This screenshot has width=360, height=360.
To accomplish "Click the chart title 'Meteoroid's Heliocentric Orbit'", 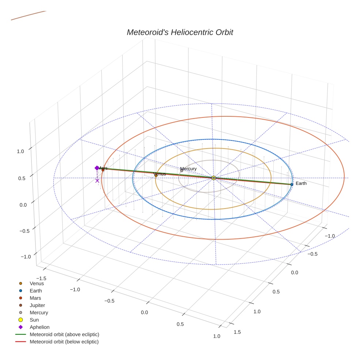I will click(180, 33).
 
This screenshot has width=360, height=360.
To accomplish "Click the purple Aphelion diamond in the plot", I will click(97, 168).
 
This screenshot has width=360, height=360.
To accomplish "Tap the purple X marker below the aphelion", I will click(97, 180).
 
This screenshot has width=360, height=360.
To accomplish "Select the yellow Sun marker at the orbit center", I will click(214, 178).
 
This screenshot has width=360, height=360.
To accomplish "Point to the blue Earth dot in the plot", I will click(292, 184).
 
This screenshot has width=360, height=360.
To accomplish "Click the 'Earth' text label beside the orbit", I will click(301, 183).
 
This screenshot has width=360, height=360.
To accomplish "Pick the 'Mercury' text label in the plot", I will click(189, 169).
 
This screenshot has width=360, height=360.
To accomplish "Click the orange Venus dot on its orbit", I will click(156, 176).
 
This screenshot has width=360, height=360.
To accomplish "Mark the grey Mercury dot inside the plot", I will click(181, 170).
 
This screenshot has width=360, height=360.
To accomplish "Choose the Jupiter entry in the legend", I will click(37, 305).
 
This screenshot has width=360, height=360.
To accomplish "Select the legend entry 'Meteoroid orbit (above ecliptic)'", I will click(64, 334).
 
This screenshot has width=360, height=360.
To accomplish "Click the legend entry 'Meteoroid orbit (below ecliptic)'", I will click(64, 342).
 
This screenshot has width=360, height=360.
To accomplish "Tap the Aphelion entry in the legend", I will click(40, 327).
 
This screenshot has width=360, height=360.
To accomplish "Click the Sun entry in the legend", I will click(34, 320).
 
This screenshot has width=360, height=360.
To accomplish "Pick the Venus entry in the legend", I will click(37, 283).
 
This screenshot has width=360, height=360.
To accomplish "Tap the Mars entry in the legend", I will click(35, 298).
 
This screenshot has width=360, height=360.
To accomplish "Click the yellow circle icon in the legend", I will click(20, 320).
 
